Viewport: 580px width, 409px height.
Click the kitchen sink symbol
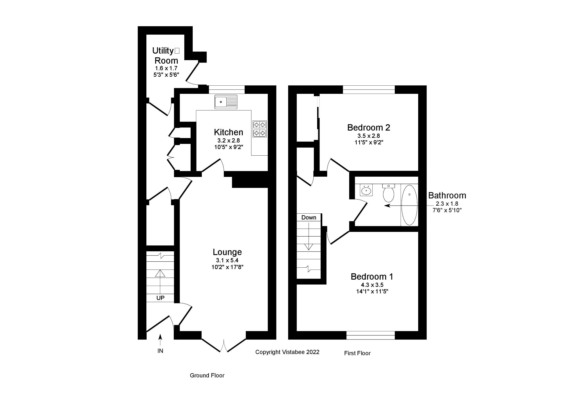(226, 102)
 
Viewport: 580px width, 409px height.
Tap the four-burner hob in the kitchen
(260, 129)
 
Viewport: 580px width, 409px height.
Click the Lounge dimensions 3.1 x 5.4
(227, 260)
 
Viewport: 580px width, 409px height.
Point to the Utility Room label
(166, 56)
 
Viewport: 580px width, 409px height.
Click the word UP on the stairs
(160, 298)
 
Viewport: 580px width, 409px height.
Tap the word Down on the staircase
(308, 217)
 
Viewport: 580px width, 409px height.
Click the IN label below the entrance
(160, 351)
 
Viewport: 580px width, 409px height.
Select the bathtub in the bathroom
(409, 205)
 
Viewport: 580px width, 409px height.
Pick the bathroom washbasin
(366, 190)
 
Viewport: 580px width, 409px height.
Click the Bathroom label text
(447, 195)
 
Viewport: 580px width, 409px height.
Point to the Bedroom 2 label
(369, 128)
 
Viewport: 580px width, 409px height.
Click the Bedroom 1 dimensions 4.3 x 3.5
(372, 285)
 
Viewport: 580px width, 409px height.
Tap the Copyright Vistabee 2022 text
(287, 352)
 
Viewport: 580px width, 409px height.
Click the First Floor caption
(357, 353)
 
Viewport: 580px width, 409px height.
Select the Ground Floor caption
(207, 375)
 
